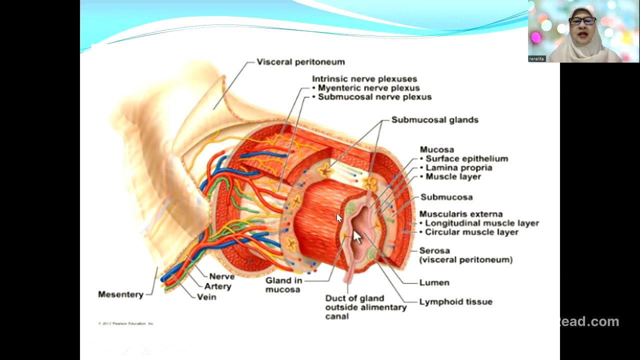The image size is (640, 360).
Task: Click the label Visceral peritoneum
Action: tap(300, 62)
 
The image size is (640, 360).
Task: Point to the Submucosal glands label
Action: tap(434, 120)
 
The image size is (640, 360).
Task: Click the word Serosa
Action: tap(434, 250)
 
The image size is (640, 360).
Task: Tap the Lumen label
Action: tap(434, 282)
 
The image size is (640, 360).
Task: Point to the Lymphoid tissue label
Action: tap(455, 301)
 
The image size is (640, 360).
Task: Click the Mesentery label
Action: tap(120, 294)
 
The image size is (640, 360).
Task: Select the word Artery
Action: tap(217, 286)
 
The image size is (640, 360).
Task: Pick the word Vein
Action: tap(206, 297)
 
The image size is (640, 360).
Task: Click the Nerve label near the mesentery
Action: tap(221, 276)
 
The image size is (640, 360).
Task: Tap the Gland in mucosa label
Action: tap(283, 285)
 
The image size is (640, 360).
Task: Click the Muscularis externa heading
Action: tap(460, 214)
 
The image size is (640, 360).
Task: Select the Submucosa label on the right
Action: tap(446, 197)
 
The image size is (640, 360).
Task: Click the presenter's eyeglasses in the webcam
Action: tap(582, 21)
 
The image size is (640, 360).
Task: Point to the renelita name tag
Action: tap(536, 58)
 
